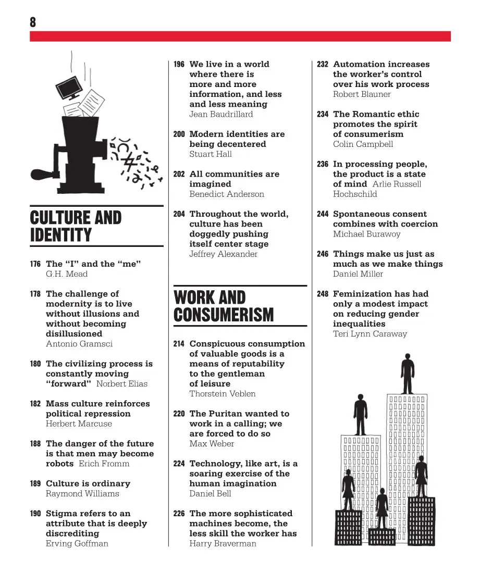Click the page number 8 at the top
[x=33, y=22]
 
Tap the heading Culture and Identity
[x=76, y=226]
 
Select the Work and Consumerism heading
[x=224, y=306]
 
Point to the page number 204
[x=179, y=214]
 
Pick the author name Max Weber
[x=212, y=444]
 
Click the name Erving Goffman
[x=77, y=544]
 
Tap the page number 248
[x=323, y=294]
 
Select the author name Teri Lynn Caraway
[x=370, y=334]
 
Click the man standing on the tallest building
[x=407, y=373]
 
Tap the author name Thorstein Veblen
[x=223, y=394]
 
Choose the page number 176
[x=35, y=264]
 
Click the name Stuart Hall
[x=211, y=154]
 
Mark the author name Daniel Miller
[x=358, y=274]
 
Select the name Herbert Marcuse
[x=79, y=424]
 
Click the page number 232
[x=323, y=65]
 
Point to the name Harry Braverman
[x=223, y=544]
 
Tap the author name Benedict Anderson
[x=227, y=194]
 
